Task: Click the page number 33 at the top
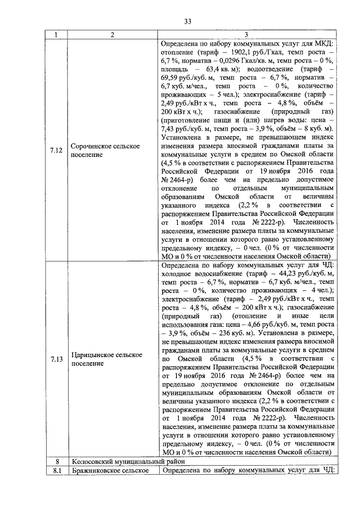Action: (x=188, y=22)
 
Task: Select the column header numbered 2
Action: (x=112, y=35)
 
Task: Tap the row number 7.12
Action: (x=56, y=149)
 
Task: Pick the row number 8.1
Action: (x=56, y=470)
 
